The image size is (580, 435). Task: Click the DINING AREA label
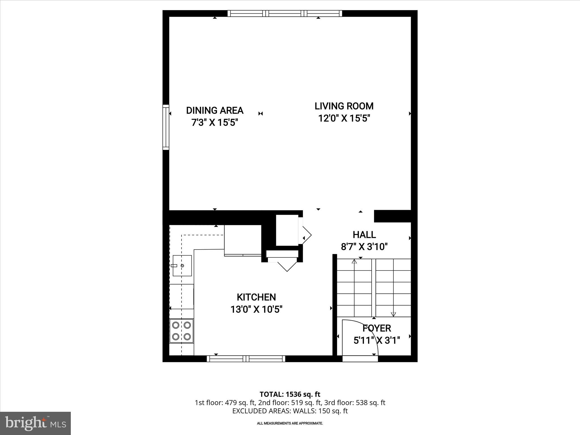(x=215, y=110)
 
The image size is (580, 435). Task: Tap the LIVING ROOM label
(x=344, y=106)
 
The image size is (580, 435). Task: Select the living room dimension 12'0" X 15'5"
(x=344, y=118)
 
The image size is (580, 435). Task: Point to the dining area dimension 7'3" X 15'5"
(x=215, y=123)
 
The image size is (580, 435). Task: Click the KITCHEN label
(x=256, y=297)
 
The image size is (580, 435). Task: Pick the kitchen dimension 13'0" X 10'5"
(x=256, y=310)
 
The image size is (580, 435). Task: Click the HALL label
(x=364, y=234)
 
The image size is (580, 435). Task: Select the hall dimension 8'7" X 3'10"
(x=364, y=247)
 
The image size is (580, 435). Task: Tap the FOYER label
(x=377, y=328)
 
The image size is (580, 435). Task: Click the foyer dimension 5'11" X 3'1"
(x=377, y=340)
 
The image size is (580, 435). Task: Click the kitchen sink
(x=182, y=265)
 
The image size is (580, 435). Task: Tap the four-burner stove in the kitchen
(x=182, y=331)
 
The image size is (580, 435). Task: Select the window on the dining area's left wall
(x=166, y=127)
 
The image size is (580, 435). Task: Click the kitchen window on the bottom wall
(x=246, y=359)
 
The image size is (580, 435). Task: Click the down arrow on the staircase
(x=393, y=314)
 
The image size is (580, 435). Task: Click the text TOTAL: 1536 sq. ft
(x=290, y=394)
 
